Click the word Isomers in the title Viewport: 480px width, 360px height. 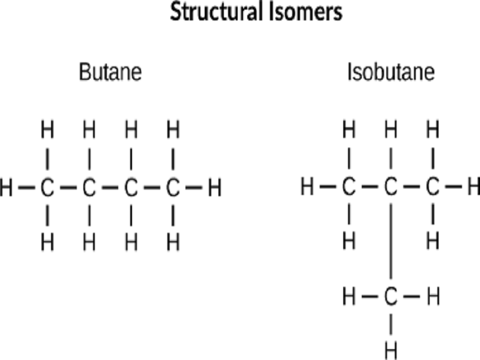[x=303, y=13]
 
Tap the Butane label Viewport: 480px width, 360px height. [x=110, y=73]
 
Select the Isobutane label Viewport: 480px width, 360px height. [x=391, y=73]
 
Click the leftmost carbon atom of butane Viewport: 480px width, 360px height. [x=47, y=189]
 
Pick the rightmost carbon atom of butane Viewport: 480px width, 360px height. [x=173, y=189]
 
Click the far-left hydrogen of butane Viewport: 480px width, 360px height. [x=7, y=189]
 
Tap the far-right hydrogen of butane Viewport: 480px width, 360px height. [x=214, y=189]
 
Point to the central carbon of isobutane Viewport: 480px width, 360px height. [x=391, y=189]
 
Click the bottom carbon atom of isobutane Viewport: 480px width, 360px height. [x=391, y=296]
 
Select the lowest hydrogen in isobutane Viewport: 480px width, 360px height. [x=391, y=349]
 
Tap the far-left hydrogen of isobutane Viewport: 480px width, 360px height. [x=307, y=189]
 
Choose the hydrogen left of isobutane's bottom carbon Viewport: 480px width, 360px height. [x=349, y=296]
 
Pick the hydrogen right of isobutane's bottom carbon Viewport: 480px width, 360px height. [x=433, y=296]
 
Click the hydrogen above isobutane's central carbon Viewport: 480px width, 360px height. [x=391, y=129]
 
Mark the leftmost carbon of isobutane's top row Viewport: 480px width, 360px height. [x=349, y=189]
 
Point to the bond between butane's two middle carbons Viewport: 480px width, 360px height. [x=110, y=189]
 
